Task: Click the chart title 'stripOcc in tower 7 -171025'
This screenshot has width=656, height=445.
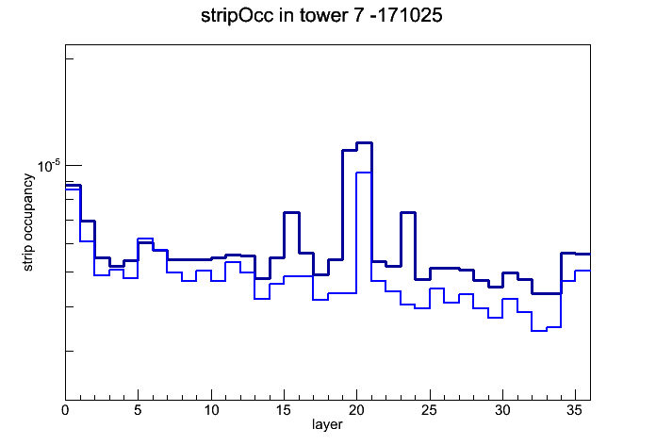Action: click(x=321, y=16)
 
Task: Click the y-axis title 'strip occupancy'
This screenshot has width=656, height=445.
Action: click(x=27, y=222)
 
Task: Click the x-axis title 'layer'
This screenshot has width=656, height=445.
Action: click(x=327, y=424)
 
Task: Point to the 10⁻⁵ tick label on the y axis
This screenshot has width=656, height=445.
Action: click(x=49, y=166)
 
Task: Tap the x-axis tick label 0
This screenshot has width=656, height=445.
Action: click(x=65, y=410)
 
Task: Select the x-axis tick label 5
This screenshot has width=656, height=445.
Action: click(x=138, y=410)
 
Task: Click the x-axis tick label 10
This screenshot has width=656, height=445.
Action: click(x=211, y=410)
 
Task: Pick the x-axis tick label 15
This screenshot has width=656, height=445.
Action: click(x=284, y=410)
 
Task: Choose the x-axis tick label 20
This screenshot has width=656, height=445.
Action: click(x=356, y=410)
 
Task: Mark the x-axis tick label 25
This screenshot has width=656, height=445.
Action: click(x=429, y=410)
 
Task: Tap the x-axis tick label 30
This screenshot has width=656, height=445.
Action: click(x=502, y=410)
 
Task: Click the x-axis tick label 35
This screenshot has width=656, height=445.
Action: click(x=575, y=410)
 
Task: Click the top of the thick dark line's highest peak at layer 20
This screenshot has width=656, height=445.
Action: click(x=364, y=143)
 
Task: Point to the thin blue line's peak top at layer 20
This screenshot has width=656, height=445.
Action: click(x=364, y=173)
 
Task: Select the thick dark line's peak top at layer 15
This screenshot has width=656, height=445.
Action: click(x=291, y=213)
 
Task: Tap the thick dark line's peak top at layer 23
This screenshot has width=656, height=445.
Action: click(x=408, y=213)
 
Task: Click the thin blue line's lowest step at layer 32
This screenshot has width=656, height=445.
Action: click(x=539, y=331)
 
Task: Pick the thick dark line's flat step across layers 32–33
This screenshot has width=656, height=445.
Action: click(x=546, y=293)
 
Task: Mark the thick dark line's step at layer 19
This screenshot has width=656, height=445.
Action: click(x=350, y=150)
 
